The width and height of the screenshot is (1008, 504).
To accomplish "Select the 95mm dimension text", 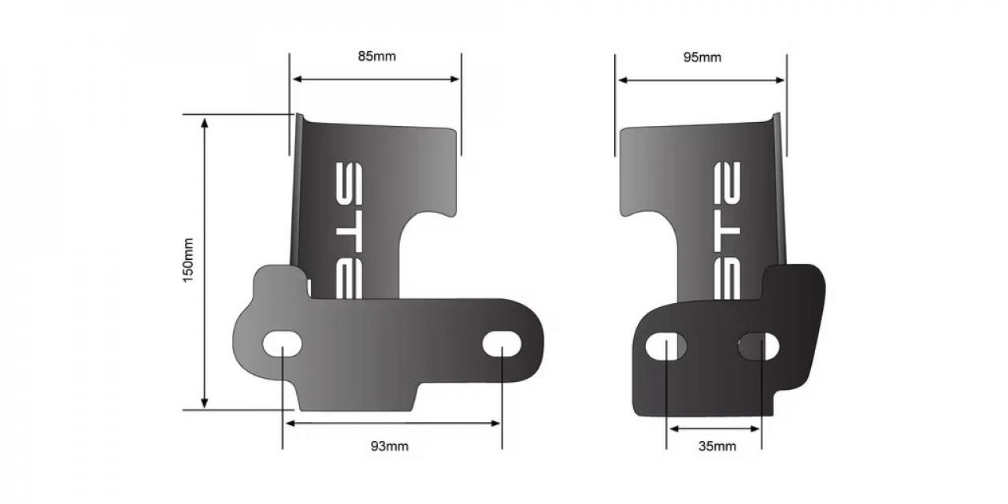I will (x=702, y=57).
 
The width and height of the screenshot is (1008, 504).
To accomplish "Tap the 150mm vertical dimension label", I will (x=189, y=261).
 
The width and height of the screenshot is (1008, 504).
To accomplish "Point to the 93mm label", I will (x=390, y=447).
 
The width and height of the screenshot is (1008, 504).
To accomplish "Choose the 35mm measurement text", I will (x=717, y=447).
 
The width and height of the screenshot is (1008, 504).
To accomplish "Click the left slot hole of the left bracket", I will (x=282, y=344).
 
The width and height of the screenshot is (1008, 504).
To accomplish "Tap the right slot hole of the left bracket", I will (x=502, y=344).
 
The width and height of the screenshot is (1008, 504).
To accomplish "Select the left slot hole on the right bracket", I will (x=666, y=345).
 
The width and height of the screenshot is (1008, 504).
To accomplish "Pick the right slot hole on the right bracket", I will (x=759, y=345).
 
